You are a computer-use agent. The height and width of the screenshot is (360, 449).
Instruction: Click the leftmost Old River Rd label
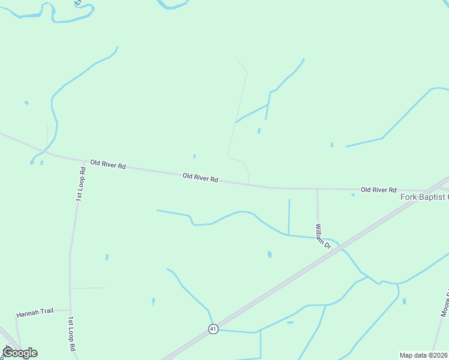click(108, 163)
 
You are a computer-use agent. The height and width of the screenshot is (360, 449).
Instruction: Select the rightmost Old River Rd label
click(379, 190)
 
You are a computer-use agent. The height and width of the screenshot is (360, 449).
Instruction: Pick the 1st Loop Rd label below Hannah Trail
click(71, 334)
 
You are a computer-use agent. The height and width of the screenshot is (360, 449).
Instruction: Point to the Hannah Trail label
click(35, 313)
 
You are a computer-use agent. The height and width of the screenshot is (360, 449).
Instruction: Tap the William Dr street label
click(323, 236)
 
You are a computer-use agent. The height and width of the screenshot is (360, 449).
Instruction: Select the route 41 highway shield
click(213, 329)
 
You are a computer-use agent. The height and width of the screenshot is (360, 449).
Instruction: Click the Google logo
click(20, 352)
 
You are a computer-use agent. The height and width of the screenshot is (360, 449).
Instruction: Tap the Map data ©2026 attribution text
click(424, 355)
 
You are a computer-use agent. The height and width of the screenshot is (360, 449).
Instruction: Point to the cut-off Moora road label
click(445, 303)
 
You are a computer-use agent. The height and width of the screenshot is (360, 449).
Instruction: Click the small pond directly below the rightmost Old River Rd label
click(353, 194)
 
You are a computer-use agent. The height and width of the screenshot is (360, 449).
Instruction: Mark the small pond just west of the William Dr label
click(270, 254)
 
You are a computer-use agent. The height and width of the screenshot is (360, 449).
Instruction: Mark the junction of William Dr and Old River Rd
click(317, 189)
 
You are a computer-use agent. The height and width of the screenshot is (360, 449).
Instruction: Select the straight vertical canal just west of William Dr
click(289, 217)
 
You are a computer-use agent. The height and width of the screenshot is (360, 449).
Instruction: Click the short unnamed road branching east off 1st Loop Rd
click(88, 288)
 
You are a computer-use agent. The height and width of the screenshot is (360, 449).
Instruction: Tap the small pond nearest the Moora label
click(404, 301)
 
